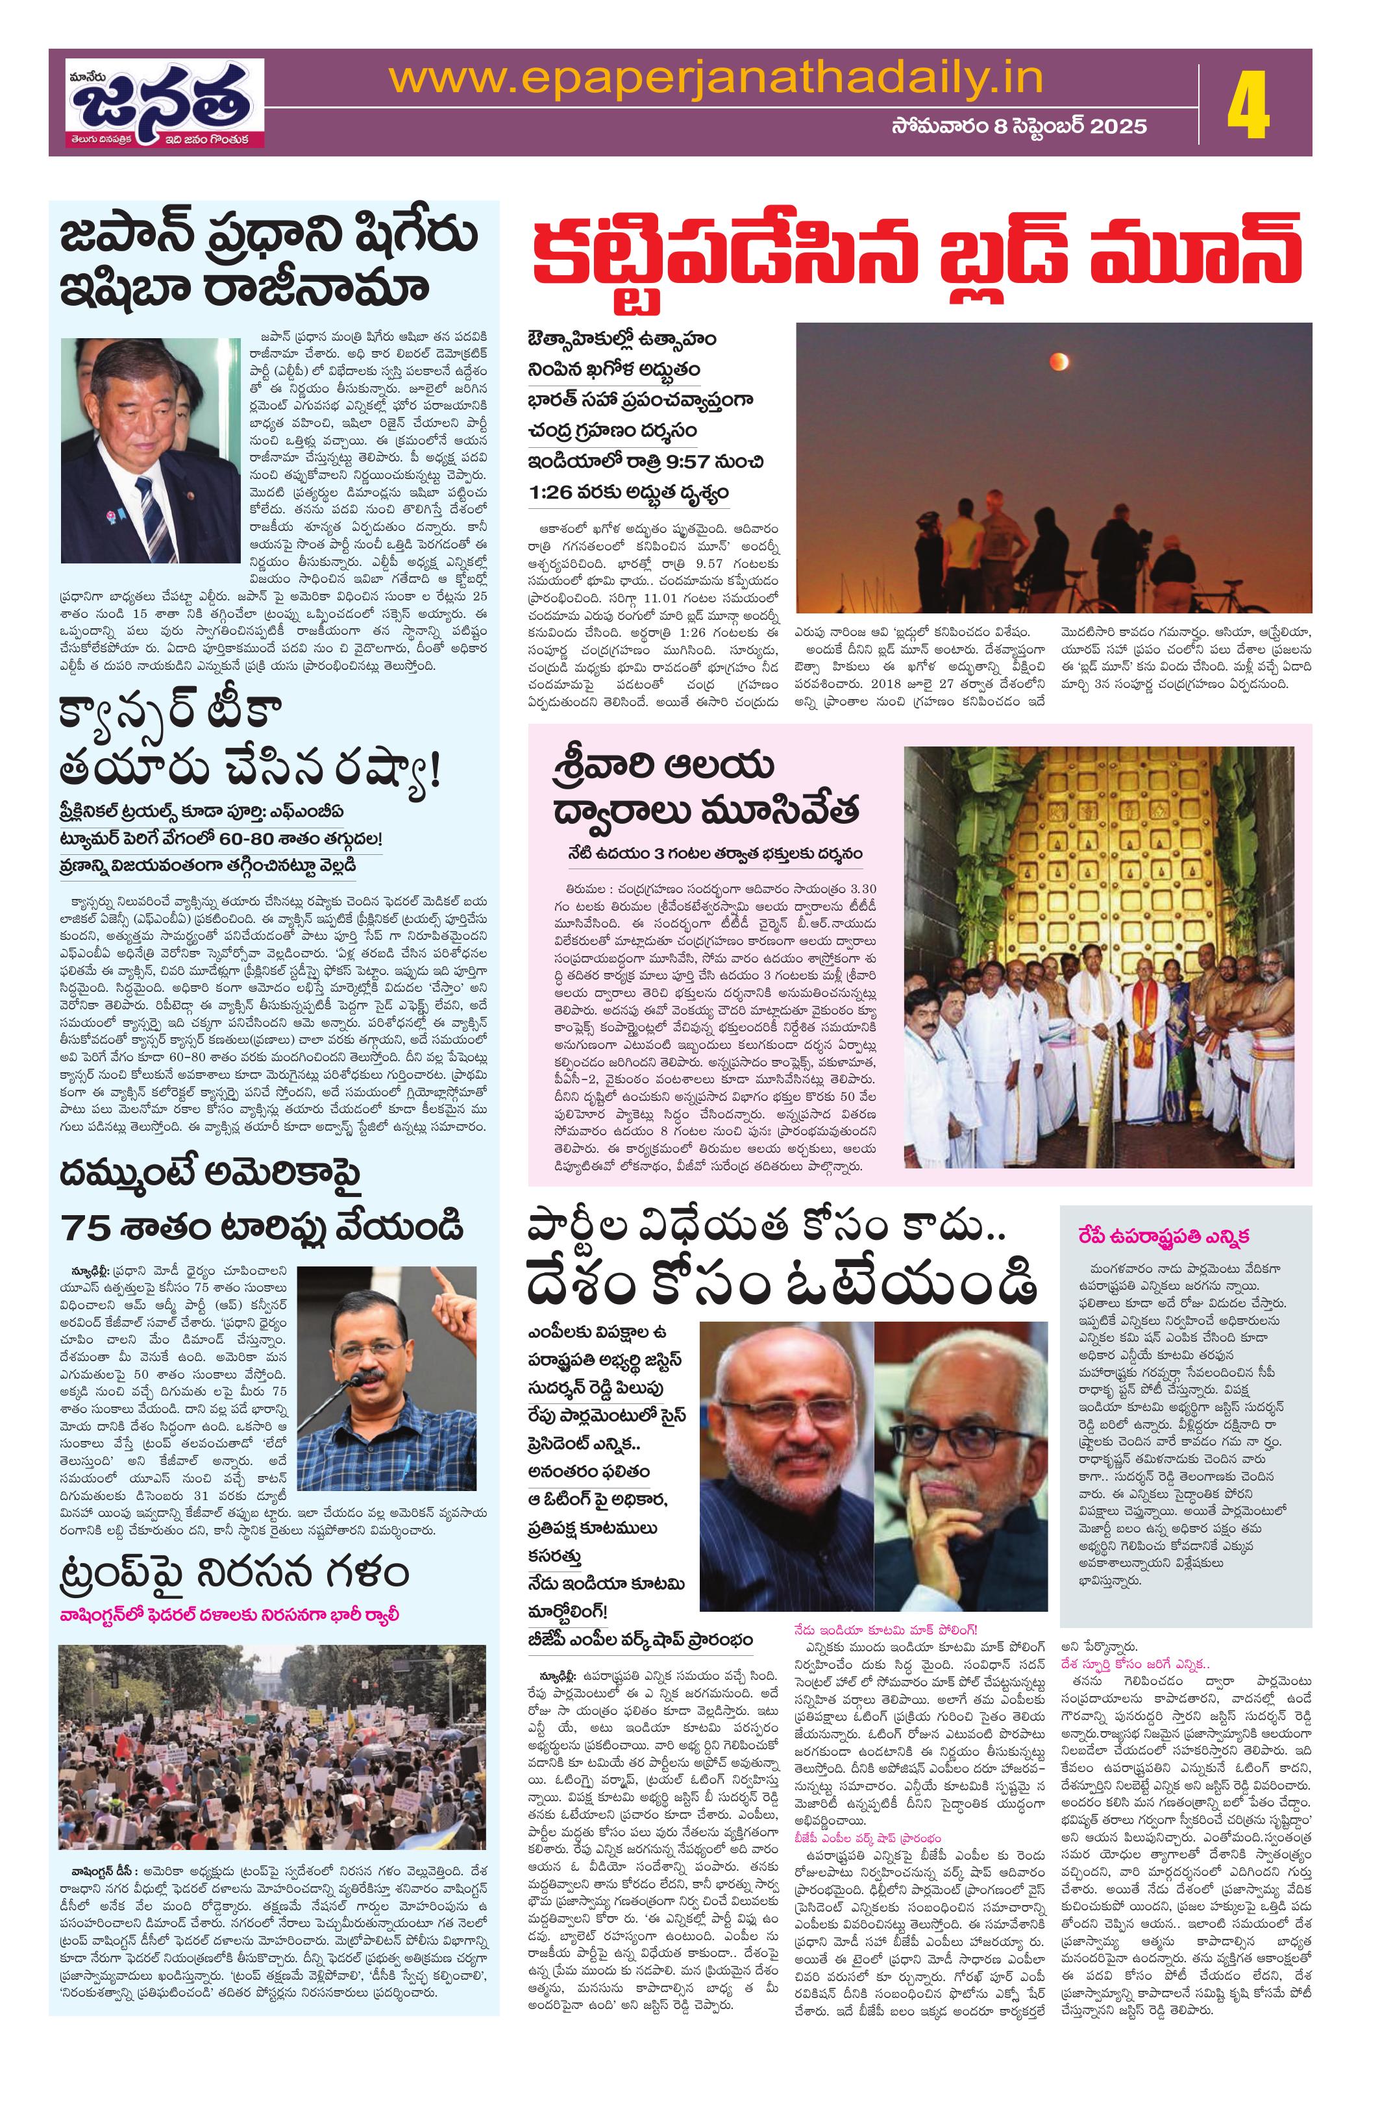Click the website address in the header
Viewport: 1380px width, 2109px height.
[x=716, y=79]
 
